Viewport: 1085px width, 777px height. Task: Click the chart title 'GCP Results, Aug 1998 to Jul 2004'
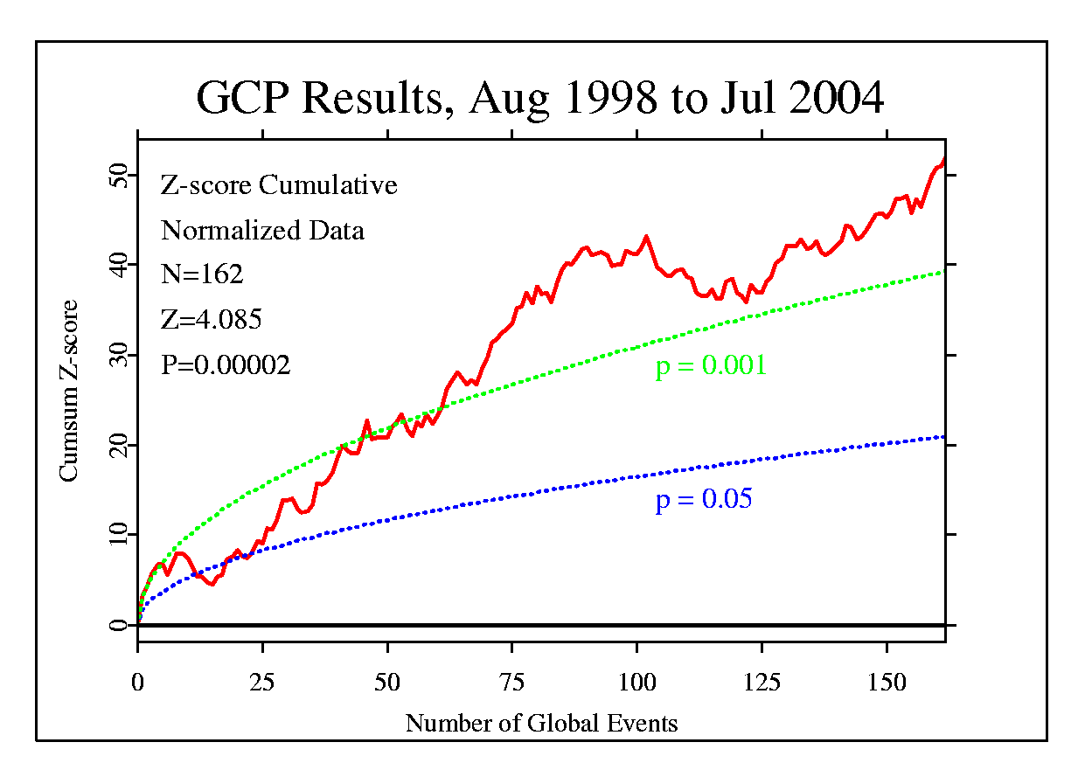(x=539, y=98)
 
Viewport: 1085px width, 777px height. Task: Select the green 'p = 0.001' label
(x=711, y=365)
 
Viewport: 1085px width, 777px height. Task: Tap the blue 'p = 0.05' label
(x=704, y=500)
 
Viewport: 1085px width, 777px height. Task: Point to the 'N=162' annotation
(x=202, y=274)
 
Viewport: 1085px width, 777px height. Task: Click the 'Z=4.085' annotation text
(x=211, y=320)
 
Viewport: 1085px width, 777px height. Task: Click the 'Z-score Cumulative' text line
(x=279, y=185)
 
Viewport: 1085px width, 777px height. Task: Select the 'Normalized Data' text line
(x=262, y=231)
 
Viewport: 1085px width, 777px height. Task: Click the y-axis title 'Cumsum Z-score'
(x=68, y=391)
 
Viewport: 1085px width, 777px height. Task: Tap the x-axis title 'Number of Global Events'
(x=541, y=724)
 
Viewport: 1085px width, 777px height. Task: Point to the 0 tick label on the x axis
(x=138, y=682)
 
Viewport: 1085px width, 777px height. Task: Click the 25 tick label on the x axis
(x=262, y=682)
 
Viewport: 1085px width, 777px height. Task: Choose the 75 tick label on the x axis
(x=512, y=682)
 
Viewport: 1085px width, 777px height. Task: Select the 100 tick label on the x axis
(x=637, y=682)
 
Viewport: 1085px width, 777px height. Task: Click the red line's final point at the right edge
(x=944, y=159)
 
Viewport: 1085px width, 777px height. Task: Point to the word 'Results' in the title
(x=372, y=98)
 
